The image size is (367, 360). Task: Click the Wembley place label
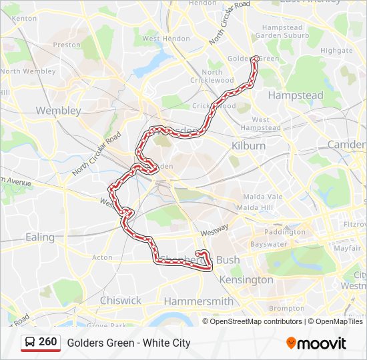click(59, 111)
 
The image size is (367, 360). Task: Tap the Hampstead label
click(295, 96)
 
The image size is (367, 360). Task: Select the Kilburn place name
click(248, 145)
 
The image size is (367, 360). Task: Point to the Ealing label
click(40, 237)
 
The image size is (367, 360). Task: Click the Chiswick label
click(121, 301)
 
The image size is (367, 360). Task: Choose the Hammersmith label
click(198, 301)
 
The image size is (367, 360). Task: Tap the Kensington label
click(246, 280)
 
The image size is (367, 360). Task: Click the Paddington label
click(285, 232)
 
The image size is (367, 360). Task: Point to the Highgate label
click(336, 50)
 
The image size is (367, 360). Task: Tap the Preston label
click(66, 45)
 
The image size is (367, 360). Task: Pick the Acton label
click(103, 257)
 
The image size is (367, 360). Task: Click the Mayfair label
click(347, 248)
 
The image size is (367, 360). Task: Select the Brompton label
click(287, 308)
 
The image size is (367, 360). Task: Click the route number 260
click(48, 342)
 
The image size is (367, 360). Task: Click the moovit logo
click(316, 343)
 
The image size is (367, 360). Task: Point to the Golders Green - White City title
click(129, 343)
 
